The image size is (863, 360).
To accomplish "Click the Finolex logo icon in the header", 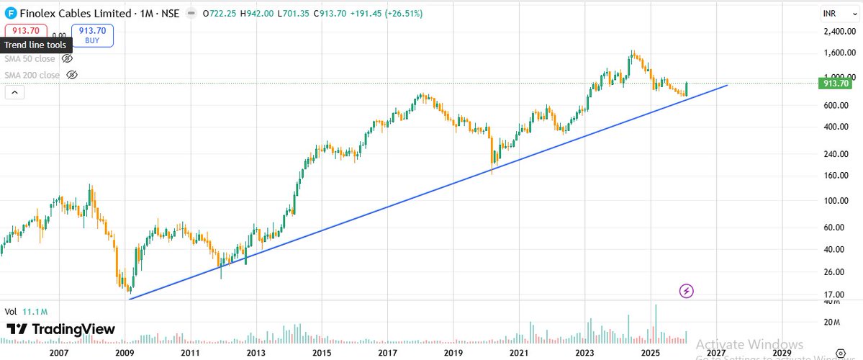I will click(10, 13).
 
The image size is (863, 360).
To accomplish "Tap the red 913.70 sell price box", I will click(26, 30).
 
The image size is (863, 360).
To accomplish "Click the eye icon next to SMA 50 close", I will click(68, 58).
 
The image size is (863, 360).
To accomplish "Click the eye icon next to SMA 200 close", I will click(71, 75).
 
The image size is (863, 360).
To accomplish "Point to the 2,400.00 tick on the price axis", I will click(836, 32).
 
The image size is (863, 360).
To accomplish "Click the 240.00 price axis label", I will click(834, 154).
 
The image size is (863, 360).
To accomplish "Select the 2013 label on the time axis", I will click(256, 352).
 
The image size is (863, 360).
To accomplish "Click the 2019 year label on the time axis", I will click(453, 352).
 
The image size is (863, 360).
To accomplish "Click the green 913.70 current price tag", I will click(836, 84).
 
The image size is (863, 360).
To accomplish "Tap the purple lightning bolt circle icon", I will click(687, 291).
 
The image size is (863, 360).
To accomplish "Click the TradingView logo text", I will click(60, 329).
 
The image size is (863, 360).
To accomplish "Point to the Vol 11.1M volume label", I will click(26, 312).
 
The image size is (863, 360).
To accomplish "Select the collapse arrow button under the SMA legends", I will click(14, 92).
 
